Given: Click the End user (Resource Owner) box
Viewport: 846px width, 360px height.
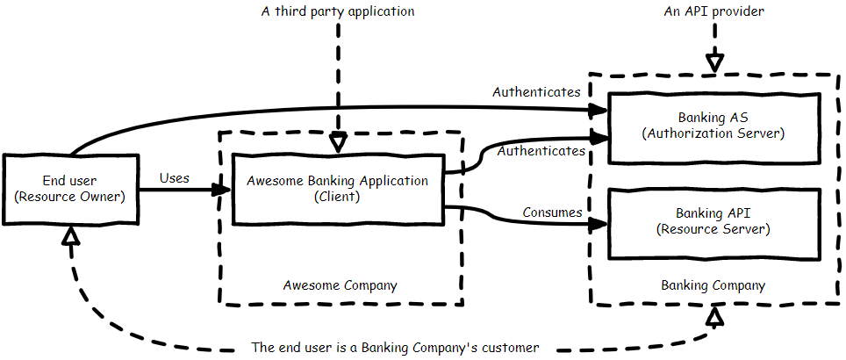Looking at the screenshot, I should click(71, 188).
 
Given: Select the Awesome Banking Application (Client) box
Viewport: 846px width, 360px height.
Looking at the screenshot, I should click(338, 189).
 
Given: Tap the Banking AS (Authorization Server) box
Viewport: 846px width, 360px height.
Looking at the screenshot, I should click(713, 126).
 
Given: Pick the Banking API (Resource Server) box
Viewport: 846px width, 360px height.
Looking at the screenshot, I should click(713, 221).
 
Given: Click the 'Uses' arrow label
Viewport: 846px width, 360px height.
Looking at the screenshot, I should click(175, 177).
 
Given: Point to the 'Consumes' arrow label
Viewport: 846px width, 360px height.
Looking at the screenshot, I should click(552, 212).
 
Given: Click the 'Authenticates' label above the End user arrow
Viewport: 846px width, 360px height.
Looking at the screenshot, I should click(536, 91).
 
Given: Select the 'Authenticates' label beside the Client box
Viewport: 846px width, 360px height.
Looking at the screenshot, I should click(541, 151).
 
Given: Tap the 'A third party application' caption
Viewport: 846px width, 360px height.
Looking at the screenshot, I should click(338, 12).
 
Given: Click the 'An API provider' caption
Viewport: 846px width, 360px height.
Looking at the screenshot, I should click(715, 12).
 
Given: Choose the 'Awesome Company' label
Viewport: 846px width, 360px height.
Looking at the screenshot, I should click(340, 285).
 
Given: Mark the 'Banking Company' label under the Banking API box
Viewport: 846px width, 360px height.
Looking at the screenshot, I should click(713, 285).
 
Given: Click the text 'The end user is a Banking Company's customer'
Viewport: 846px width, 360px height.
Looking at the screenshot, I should click(395, 347).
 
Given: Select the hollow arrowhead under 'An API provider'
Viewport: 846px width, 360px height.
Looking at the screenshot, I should click(716, 62).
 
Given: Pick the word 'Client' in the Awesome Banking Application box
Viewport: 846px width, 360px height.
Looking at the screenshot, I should click(337, 197).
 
